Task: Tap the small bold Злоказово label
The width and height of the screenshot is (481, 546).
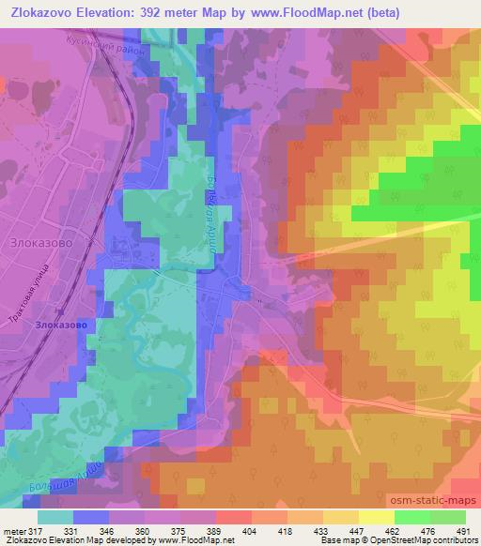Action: click(62, 325)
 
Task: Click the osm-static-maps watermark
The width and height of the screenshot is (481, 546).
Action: click(442, 502)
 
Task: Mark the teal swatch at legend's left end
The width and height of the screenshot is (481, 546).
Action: click(56, 516)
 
